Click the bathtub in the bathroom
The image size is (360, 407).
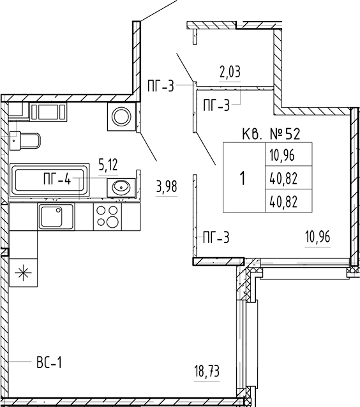(49, 180)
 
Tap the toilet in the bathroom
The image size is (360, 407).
(25, 140)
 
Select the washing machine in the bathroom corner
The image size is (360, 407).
(121, 117)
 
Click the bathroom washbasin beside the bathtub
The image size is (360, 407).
(121, 186)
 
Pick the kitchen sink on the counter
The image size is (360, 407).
(56, 216)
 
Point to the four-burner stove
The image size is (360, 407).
(107, 216)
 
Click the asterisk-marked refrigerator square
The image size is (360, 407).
(24, 273)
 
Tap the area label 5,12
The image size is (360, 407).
(108, 165)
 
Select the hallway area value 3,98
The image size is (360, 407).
(167, 187)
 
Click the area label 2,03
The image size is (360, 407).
(230, 72)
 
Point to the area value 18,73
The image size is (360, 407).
(207, 371)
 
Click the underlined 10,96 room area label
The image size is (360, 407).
(318, 237)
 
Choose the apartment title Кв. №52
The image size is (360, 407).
(271, 134)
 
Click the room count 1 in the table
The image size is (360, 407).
(243, 179)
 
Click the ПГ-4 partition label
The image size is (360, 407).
(57, 179)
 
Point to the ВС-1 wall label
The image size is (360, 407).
(49, 362)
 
